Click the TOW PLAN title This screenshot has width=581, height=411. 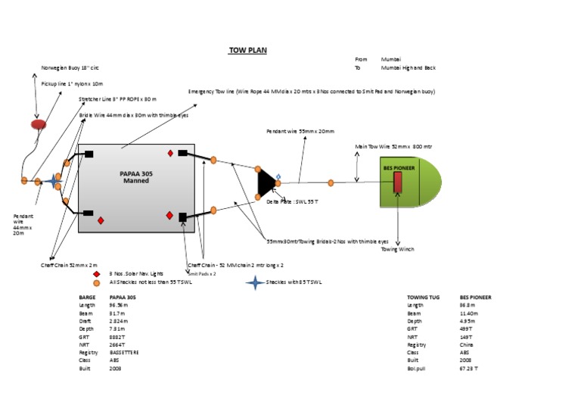tap(247, 51)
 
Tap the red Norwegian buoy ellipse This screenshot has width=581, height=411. tap(39, 123)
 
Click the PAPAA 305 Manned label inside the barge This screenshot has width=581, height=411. tap(137, 177)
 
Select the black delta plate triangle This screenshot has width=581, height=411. tap(265, 182)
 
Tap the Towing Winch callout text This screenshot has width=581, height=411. tap(397, 249)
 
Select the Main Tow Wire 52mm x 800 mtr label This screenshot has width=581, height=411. tap(394, 146)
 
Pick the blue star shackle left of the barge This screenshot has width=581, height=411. tap(54, 181)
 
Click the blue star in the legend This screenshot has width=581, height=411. tap(256, 282)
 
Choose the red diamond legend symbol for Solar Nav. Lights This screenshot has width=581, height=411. tap(97, 274)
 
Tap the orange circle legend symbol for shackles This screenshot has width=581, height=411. tap(97, 282)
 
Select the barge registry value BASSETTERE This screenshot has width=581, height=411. tap(124, 352)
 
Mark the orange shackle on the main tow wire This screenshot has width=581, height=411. tap(331, 182)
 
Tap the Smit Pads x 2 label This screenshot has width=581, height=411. tap(202, 273)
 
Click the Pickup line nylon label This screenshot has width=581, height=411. tap(71, 83)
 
